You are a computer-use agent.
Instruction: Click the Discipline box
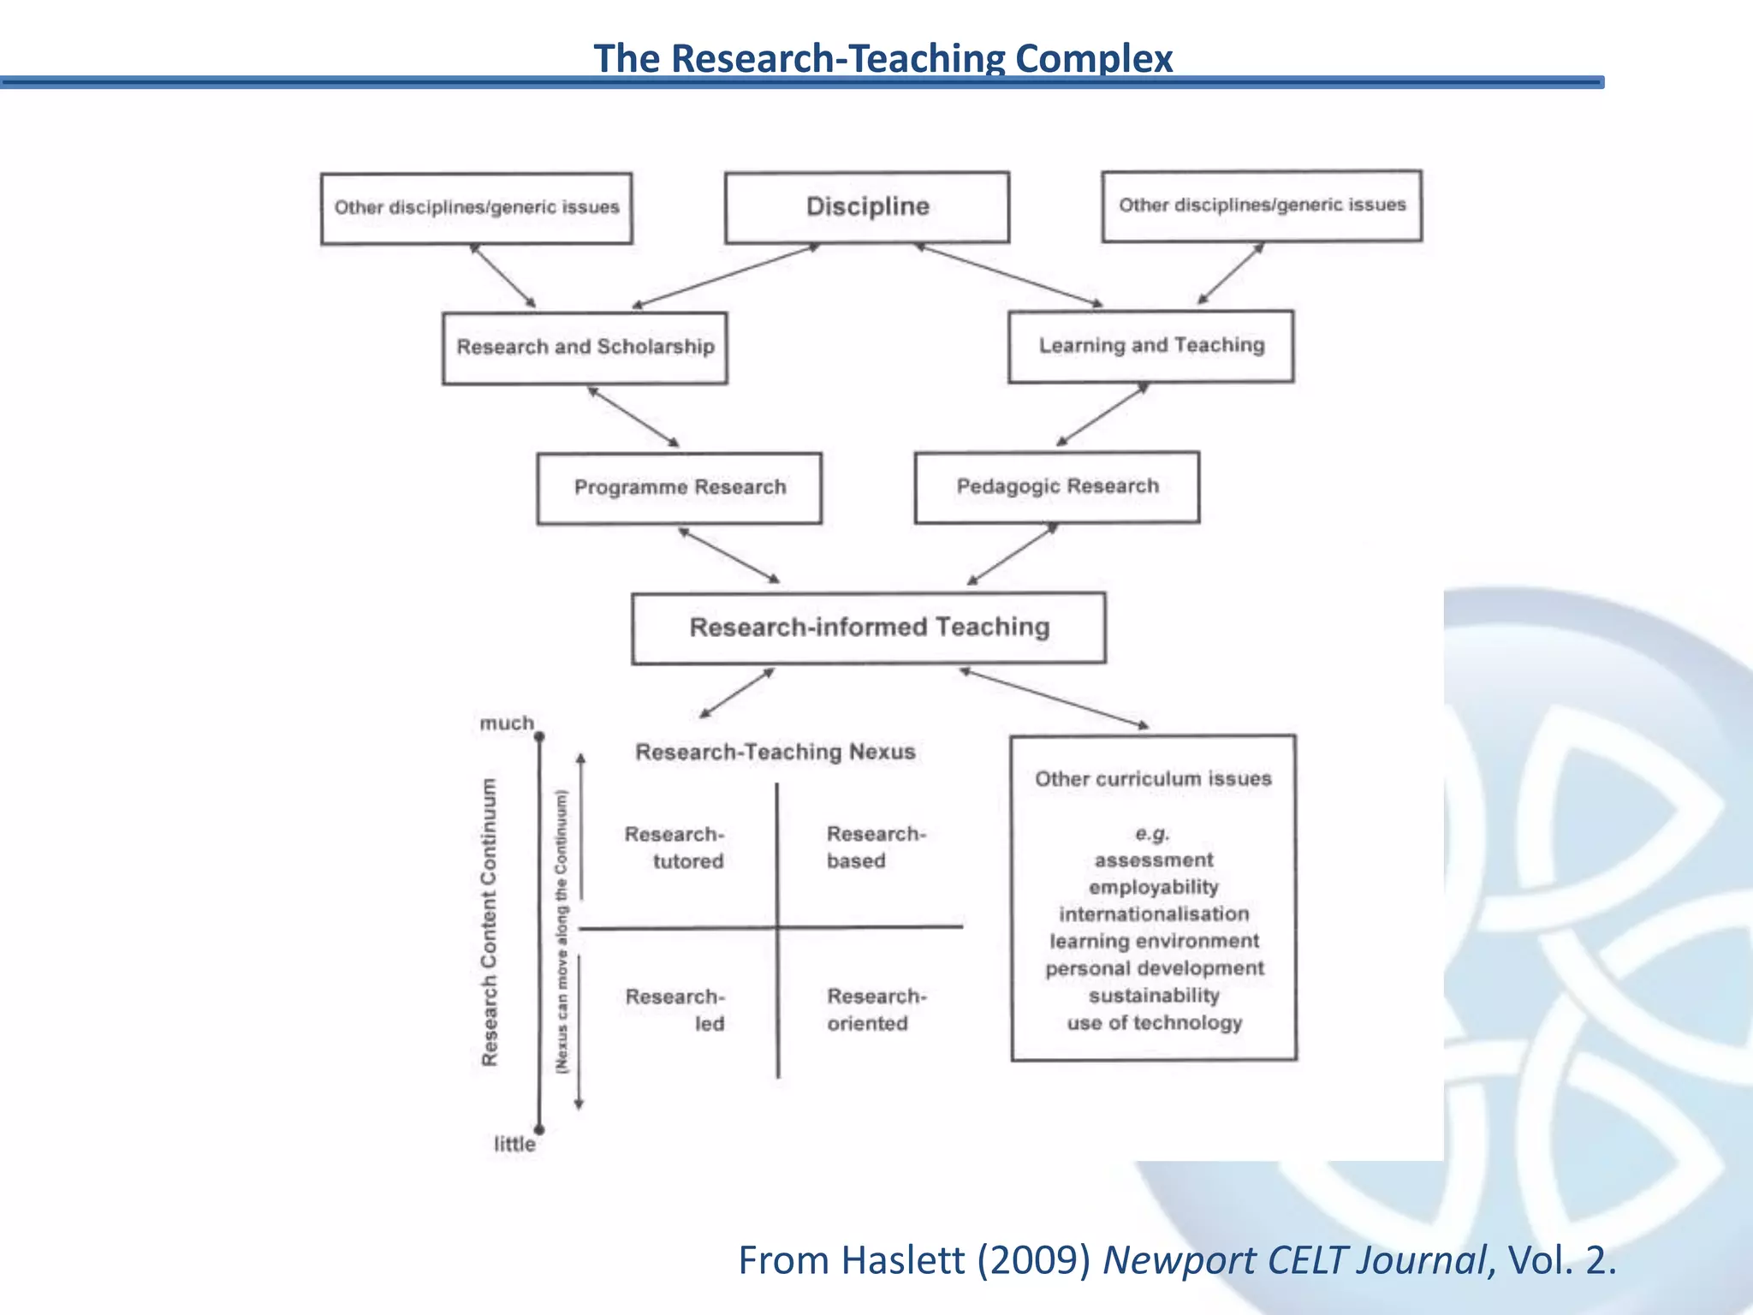coord(866,207)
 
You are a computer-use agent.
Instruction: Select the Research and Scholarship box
coord(585,348)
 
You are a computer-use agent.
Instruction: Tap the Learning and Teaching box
coord(1150,346)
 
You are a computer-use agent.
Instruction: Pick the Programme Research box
coord(679,488)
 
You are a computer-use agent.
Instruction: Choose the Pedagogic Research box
coord(1056,487)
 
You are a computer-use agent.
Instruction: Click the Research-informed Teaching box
coord(868,628)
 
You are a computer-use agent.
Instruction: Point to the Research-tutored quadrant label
coord(674,848)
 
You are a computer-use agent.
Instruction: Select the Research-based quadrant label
coord(876,848)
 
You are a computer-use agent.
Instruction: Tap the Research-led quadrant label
coord(675,1010)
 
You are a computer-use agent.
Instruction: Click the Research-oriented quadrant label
coord(876,1010)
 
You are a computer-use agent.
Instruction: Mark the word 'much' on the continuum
coord(506,723)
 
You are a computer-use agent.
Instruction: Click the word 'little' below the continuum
coord(514,1145)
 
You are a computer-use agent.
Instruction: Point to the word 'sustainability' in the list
coord(1153,996)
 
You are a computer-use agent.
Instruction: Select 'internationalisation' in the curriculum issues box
coord(1153,914)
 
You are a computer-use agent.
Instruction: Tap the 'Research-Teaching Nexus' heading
coord(775,753)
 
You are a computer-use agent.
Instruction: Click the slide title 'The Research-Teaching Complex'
coord(882,58)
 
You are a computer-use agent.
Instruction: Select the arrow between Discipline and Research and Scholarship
coord(726,276)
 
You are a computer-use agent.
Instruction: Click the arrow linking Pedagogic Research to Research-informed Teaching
coord(1013,554)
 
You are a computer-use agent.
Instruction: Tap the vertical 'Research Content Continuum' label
coord(490,922)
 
